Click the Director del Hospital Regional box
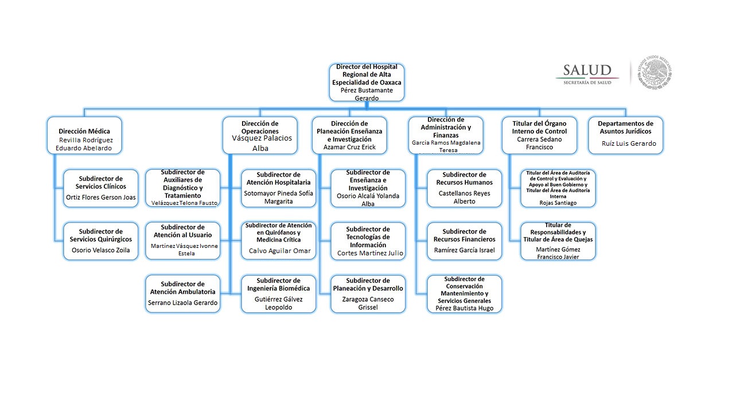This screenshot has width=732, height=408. click(367, 83)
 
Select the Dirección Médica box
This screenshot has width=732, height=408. click(84, 135)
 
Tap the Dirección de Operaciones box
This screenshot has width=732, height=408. click(260, 135)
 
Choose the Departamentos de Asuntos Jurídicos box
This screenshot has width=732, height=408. click(625, 135)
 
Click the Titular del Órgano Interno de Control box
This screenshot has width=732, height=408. click(539, 135)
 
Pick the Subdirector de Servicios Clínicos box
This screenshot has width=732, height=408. click(101, 188)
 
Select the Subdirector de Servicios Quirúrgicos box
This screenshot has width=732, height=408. click(101, 241)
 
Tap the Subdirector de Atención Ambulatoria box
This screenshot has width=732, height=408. click(182, 294)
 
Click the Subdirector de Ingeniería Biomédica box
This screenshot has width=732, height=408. click(278, 294)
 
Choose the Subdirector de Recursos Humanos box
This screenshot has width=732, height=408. click(465, 188)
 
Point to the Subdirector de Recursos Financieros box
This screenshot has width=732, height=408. click(465, 241)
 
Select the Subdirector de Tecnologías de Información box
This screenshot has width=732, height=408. click(368, 241)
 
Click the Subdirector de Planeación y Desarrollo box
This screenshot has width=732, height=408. click(368, 294)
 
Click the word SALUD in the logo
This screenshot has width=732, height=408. click(587, 71)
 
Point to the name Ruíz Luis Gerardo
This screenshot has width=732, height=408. click(629, 143)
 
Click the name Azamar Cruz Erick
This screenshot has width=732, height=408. click(350, 147)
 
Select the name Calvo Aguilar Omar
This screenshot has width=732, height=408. click(280, 251)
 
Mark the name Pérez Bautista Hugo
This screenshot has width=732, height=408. click(464, 308)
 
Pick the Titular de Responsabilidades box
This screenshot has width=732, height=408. click(558, 241)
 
